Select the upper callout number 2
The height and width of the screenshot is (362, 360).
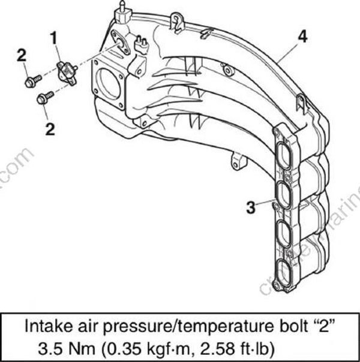click(22, 56)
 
